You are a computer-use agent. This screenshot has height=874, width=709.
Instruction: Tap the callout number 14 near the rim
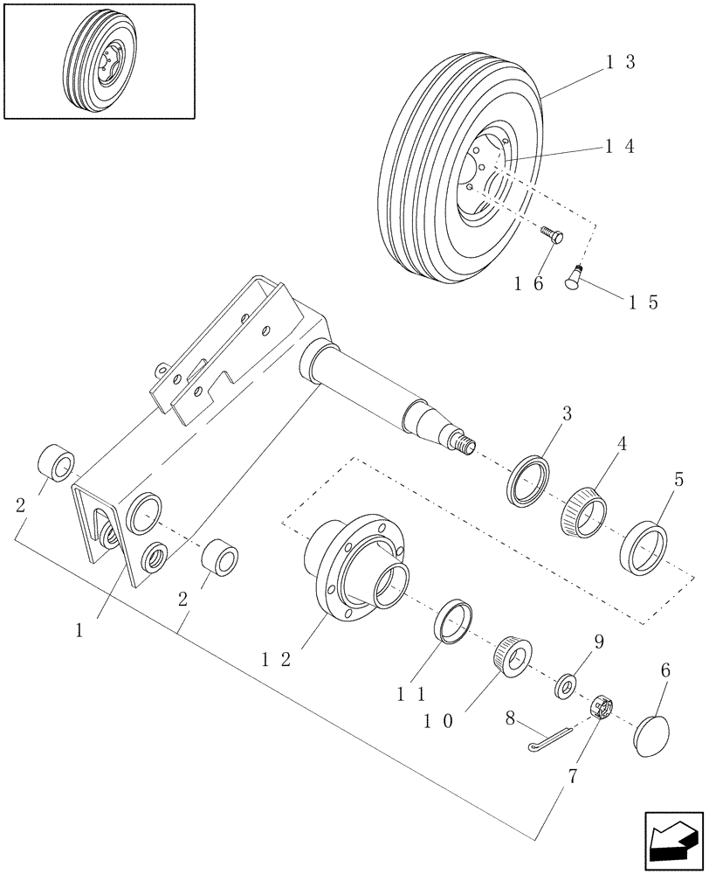pyautogui.click(x=619, y=147)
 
